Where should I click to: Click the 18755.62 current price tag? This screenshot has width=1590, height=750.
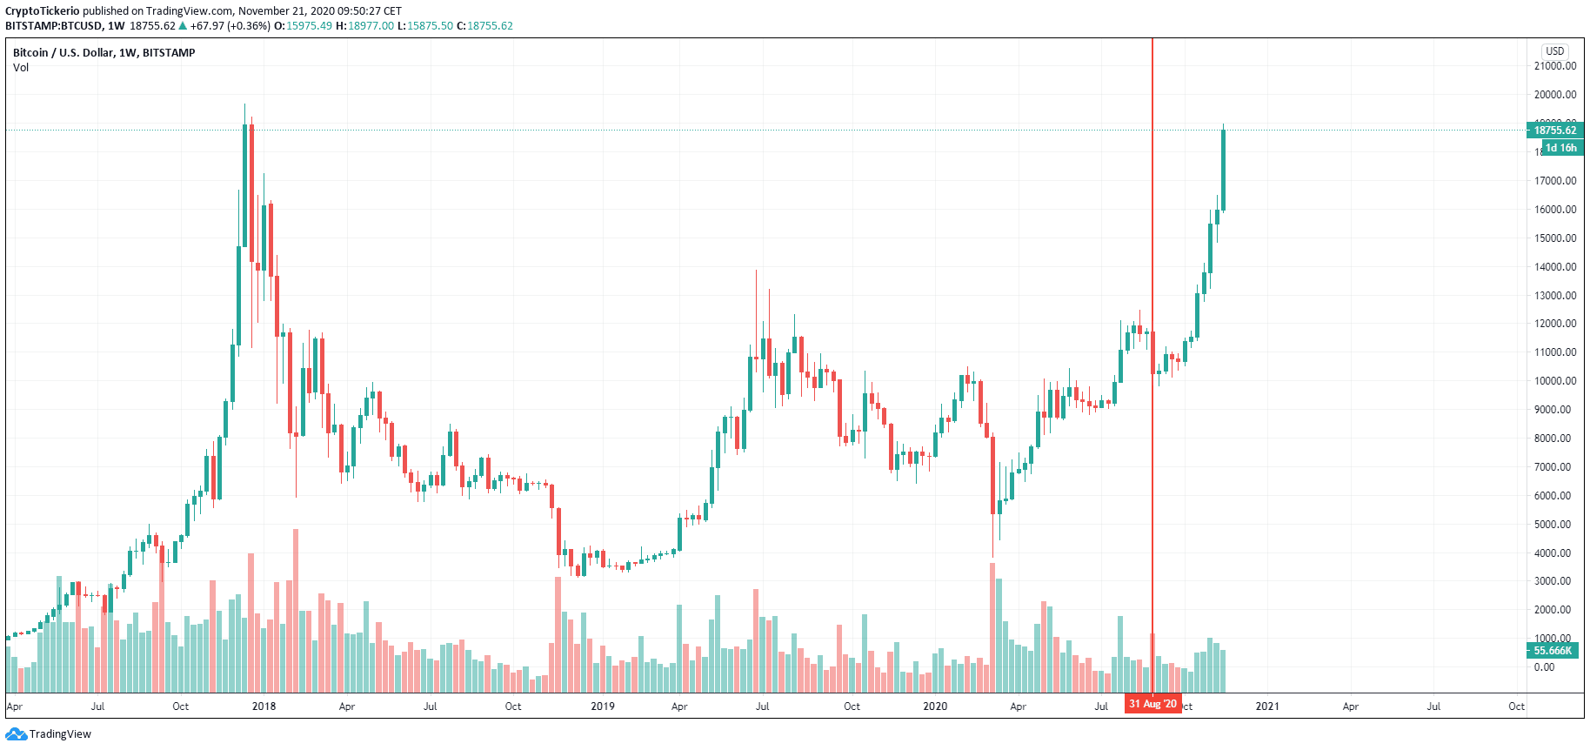click(1554, 131)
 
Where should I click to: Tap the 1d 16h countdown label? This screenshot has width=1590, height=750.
click(1560, 148)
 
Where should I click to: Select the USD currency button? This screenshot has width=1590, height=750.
click(1554, 51)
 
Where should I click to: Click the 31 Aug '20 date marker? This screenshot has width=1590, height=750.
click(1152, 704)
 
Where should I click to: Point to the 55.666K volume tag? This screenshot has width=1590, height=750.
click(1553, 651)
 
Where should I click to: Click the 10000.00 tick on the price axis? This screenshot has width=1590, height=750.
click(1555, 381)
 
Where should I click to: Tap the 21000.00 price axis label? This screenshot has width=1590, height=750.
click(1555, 66)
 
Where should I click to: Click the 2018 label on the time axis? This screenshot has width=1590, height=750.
click(264, 706)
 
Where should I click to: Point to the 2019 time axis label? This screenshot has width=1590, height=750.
click(603, 706)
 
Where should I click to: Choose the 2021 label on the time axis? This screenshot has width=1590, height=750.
click(1267, 706)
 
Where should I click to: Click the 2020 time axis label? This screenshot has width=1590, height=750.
click(935, 706)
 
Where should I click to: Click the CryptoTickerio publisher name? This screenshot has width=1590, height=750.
click(42, 11)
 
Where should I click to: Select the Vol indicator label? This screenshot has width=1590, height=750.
click(21, 68)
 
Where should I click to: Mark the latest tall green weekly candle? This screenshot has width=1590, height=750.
click(1223, 170)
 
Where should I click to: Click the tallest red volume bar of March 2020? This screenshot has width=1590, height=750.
click(992, 626)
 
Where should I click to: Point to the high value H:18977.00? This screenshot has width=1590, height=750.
click(364, 26)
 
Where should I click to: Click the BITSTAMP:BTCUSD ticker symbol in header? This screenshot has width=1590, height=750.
click(53, 26)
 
